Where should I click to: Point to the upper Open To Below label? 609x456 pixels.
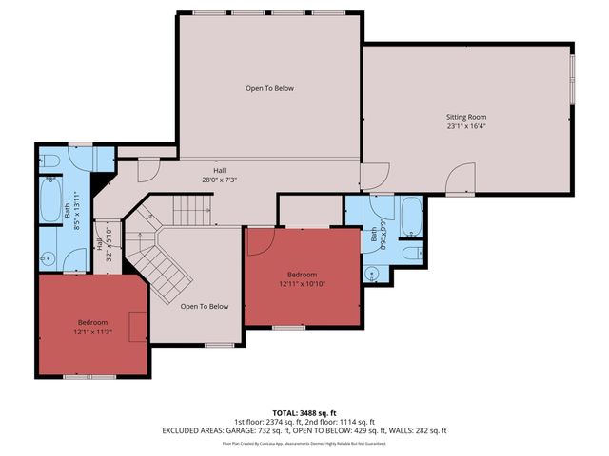coord(269,88)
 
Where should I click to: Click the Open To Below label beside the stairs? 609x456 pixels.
coord(205,306)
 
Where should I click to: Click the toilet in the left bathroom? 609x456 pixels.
coord(52,160)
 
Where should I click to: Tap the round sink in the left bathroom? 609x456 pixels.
coord(49,256)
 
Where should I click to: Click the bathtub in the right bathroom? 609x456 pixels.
coord(412,217)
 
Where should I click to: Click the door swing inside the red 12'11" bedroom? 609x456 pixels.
coord(257,243)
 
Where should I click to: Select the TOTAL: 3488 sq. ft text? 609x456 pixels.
coord(304,413)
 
